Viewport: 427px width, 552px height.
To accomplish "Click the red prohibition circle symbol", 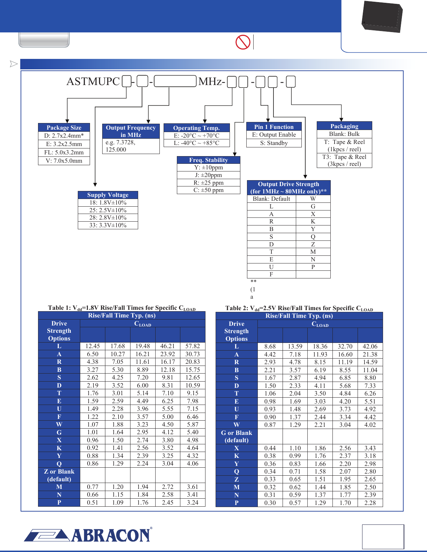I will pos(243,42).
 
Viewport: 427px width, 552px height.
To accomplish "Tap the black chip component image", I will pos(382,16).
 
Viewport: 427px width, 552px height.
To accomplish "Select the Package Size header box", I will pos(64,128).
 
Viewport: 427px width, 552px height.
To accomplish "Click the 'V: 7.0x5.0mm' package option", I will pos(64,161).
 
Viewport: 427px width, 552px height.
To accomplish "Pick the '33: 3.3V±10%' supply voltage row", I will pos(108,225).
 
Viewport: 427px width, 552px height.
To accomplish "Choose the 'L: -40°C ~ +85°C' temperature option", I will pos(196,143).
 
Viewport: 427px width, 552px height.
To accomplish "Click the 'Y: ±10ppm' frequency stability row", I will pos(208,168).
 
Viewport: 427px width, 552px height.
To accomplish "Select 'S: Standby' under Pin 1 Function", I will pos(274,143).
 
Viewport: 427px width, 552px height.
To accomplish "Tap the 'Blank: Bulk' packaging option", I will pos(344,134).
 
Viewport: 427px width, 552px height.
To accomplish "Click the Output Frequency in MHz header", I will pos(131,131).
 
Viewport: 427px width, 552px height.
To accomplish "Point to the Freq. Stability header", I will pos(208,160).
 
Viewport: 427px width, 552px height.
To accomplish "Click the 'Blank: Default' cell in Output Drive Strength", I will pos(271,199).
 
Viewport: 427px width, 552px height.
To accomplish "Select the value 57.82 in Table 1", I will pos(193,346).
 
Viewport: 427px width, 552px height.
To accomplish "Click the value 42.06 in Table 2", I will pos(370,346).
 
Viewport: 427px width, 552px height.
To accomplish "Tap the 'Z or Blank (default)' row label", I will pos(59,475).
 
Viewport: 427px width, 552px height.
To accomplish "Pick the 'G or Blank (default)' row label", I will pos(237,436).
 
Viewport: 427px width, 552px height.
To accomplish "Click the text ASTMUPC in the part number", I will pos(93,82).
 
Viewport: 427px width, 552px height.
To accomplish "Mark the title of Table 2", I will pos(299,308).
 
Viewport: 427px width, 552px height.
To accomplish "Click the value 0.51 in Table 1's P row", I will pos(92,503).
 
